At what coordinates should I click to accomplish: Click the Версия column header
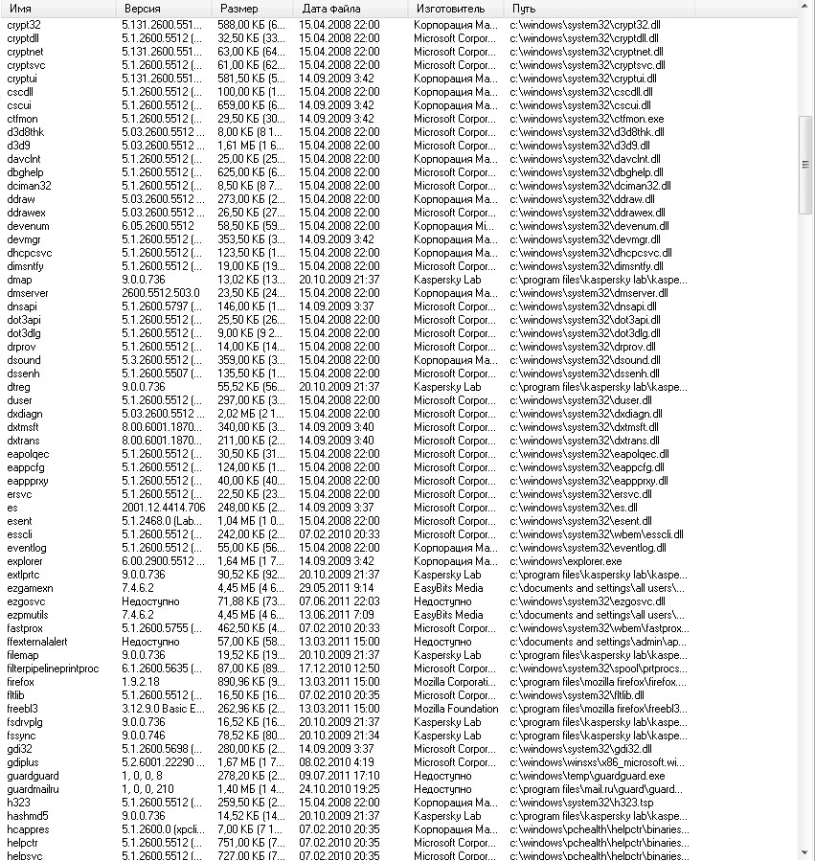(143, 8)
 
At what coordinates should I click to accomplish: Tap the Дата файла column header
(331, 8)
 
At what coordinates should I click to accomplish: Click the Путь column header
(523, 8)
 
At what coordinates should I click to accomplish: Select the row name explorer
(25, 561)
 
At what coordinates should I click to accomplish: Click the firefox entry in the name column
(20, 682)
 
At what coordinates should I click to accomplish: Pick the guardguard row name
(33, 776)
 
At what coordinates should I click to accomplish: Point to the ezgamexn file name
(30, 588)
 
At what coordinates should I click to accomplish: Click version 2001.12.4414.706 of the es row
(163, 508)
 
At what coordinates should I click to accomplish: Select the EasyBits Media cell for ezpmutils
(448, 615)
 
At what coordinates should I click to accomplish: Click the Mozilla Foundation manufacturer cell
(456, 709)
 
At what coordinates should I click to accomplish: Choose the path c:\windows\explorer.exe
(565, 561)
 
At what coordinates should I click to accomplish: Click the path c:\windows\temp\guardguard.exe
(586, 776)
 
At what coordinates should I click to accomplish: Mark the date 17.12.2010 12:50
(339, 668)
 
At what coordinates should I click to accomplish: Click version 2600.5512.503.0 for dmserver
(161, 293)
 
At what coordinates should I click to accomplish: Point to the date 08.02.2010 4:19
(336, 762)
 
